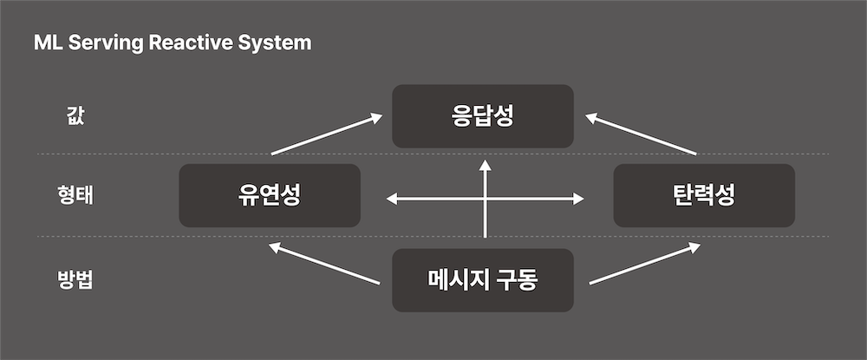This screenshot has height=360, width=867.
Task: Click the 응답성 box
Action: coord(482,115)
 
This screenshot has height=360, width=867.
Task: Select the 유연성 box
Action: coord(269,195)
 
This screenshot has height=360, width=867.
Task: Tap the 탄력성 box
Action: coord(703,195)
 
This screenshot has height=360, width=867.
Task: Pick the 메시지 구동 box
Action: coord(482,280)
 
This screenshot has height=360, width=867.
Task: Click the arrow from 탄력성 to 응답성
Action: coord(642,134)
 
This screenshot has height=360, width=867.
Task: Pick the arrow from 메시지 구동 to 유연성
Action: coord(325,264)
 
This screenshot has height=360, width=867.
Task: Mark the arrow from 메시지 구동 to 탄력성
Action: coord(644,264)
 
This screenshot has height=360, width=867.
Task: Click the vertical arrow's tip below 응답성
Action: coord(486,162)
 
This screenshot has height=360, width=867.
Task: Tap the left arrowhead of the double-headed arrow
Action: coord(391,200)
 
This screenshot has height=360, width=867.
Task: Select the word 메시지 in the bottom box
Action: coord(457,280)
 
